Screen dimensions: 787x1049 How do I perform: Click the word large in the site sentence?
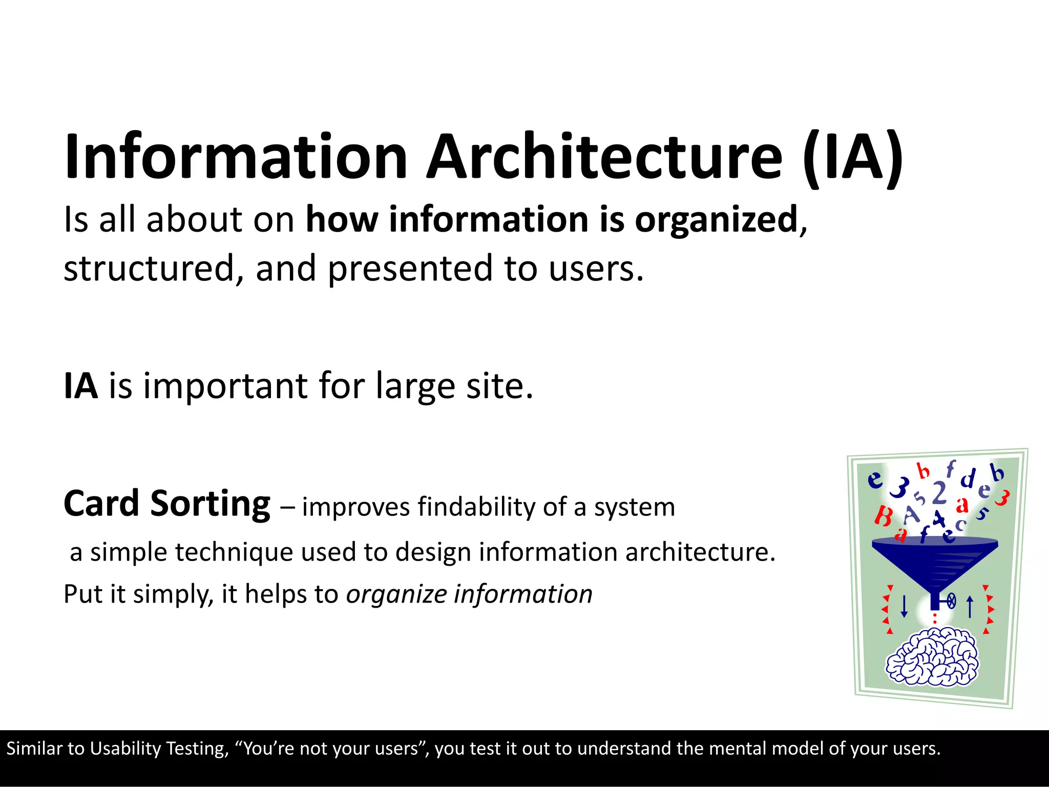(x=415, y=387)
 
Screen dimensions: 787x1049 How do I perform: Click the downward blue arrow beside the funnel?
(x=904, y=607)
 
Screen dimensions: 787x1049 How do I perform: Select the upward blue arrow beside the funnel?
(x=970, y=607)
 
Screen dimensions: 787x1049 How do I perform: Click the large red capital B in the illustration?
(x=883, y=516)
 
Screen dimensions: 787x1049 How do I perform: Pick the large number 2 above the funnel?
(x=939, y=493)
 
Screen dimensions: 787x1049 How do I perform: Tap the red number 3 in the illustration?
(x=1002, y=498)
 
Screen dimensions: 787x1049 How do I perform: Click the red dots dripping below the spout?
(x=935, y=618)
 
